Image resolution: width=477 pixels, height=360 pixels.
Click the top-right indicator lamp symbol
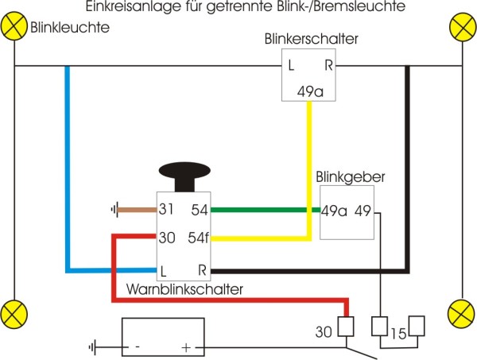click(462, 26)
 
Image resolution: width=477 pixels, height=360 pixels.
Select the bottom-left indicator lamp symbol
click(14, 312)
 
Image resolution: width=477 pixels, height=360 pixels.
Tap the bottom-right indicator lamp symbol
click(462, 312)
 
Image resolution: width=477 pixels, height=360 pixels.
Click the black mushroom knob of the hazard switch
click(184, 173)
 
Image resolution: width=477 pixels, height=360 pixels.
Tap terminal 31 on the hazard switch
click(166, 211)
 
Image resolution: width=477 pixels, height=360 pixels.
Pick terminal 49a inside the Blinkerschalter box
click(311, 91)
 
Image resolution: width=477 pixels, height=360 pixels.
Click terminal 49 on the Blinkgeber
click(363, 211)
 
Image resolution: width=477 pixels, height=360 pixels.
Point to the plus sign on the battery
click(187, 347)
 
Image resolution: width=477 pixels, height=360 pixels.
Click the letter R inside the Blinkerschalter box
click(328, 64)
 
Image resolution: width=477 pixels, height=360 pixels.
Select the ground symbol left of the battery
click(95, 347)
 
